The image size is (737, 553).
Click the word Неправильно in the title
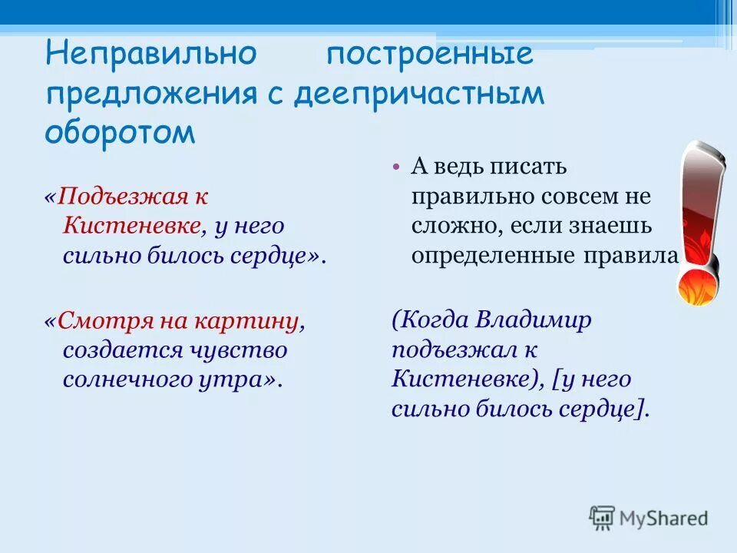click(150, 55)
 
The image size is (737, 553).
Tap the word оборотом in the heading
click(121, 132)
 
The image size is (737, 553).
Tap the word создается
click(117, 350)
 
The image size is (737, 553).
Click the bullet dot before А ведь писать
click(395, 167)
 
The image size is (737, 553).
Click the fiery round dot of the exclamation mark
click(697, 285)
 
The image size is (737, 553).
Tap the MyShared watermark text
click(663, 518)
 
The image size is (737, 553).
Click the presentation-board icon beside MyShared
click(602, 518)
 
